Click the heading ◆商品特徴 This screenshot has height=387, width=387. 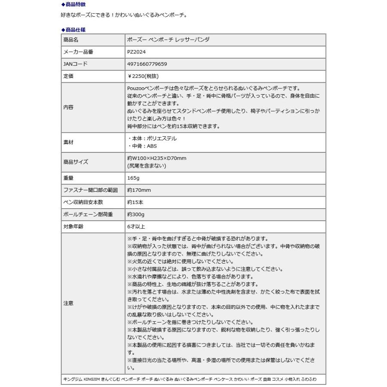[74, 5]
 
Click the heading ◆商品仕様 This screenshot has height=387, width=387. [74, 29]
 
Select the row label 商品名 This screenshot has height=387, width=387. [71, 40]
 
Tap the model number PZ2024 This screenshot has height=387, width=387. [137, 52]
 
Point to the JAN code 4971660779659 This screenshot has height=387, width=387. [147, 64]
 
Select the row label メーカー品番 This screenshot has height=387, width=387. [78, 52]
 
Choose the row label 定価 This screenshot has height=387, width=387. [68, 76]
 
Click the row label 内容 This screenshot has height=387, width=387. [68, 107]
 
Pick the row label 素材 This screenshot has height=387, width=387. [68, 142]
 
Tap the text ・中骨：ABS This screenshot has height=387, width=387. [142, 146]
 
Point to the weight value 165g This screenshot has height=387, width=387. [133, 178]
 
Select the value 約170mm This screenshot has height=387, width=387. [139, 190]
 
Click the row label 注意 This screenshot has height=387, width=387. [68, 303]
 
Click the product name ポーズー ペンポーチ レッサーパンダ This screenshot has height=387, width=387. [169, 40]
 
